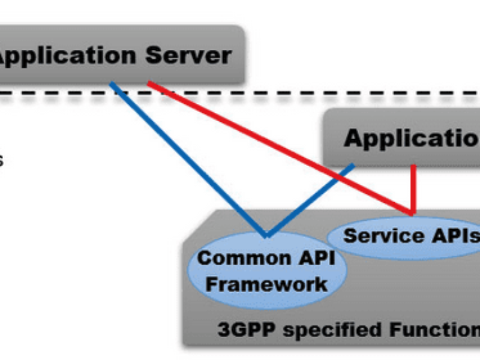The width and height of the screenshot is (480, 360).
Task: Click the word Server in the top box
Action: [x=188, y=56]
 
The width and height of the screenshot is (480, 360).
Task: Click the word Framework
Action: [x=267, y=283]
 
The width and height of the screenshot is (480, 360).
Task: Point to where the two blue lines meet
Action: [x=266, y=235]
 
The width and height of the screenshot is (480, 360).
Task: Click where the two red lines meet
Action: [x=413, y=213]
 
